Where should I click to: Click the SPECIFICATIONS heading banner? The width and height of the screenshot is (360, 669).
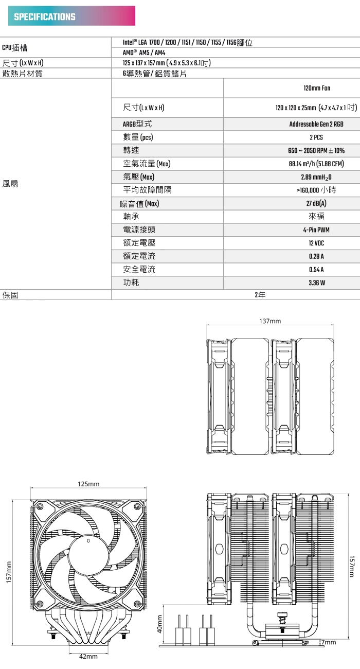pos(71,16)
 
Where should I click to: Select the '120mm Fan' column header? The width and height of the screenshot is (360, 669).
pos(317,89)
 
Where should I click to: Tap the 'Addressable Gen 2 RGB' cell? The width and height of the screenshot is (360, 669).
pos(316,124)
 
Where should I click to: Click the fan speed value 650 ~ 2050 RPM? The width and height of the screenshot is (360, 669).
pos(316,151)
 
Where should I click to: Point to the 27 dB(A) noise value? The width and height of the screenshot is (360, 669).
pos(316,203)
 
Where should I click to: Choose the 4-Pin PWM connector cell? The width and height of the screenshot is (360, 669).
pos(316,230)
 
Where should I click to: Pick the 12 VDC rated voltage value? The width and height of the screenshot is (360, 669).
pos(316,243)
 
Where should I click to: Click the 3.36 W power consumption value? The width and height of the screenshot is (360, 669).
pos(316,283)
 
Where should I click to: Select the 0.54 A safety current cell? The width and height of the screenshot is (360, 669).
pos(316,269)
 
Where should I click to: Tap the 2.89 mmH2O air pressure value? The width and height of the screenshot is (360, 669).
pos(316,177)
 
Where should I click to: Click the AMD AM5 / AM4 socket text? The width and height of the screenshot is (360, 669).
pos(143,53)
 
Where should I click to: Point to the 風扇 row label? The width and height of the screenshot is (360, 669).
pos(10,184)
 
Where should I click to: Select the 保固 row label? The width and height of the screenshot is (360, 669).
pos(10,295)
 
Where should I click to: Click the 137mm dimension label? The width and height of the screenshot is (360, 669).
pos(270,321)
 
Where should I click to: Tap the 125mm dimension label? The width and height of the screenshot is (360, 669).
pos(88,484)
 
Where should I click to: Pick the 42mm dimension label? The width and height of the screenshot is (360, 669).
pos(88,657)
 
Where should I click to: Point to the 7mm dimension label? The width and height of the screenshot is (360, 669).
pos(330,643)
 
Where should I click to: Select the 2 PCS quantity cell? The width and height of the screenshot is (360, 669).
pos(316,137)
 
